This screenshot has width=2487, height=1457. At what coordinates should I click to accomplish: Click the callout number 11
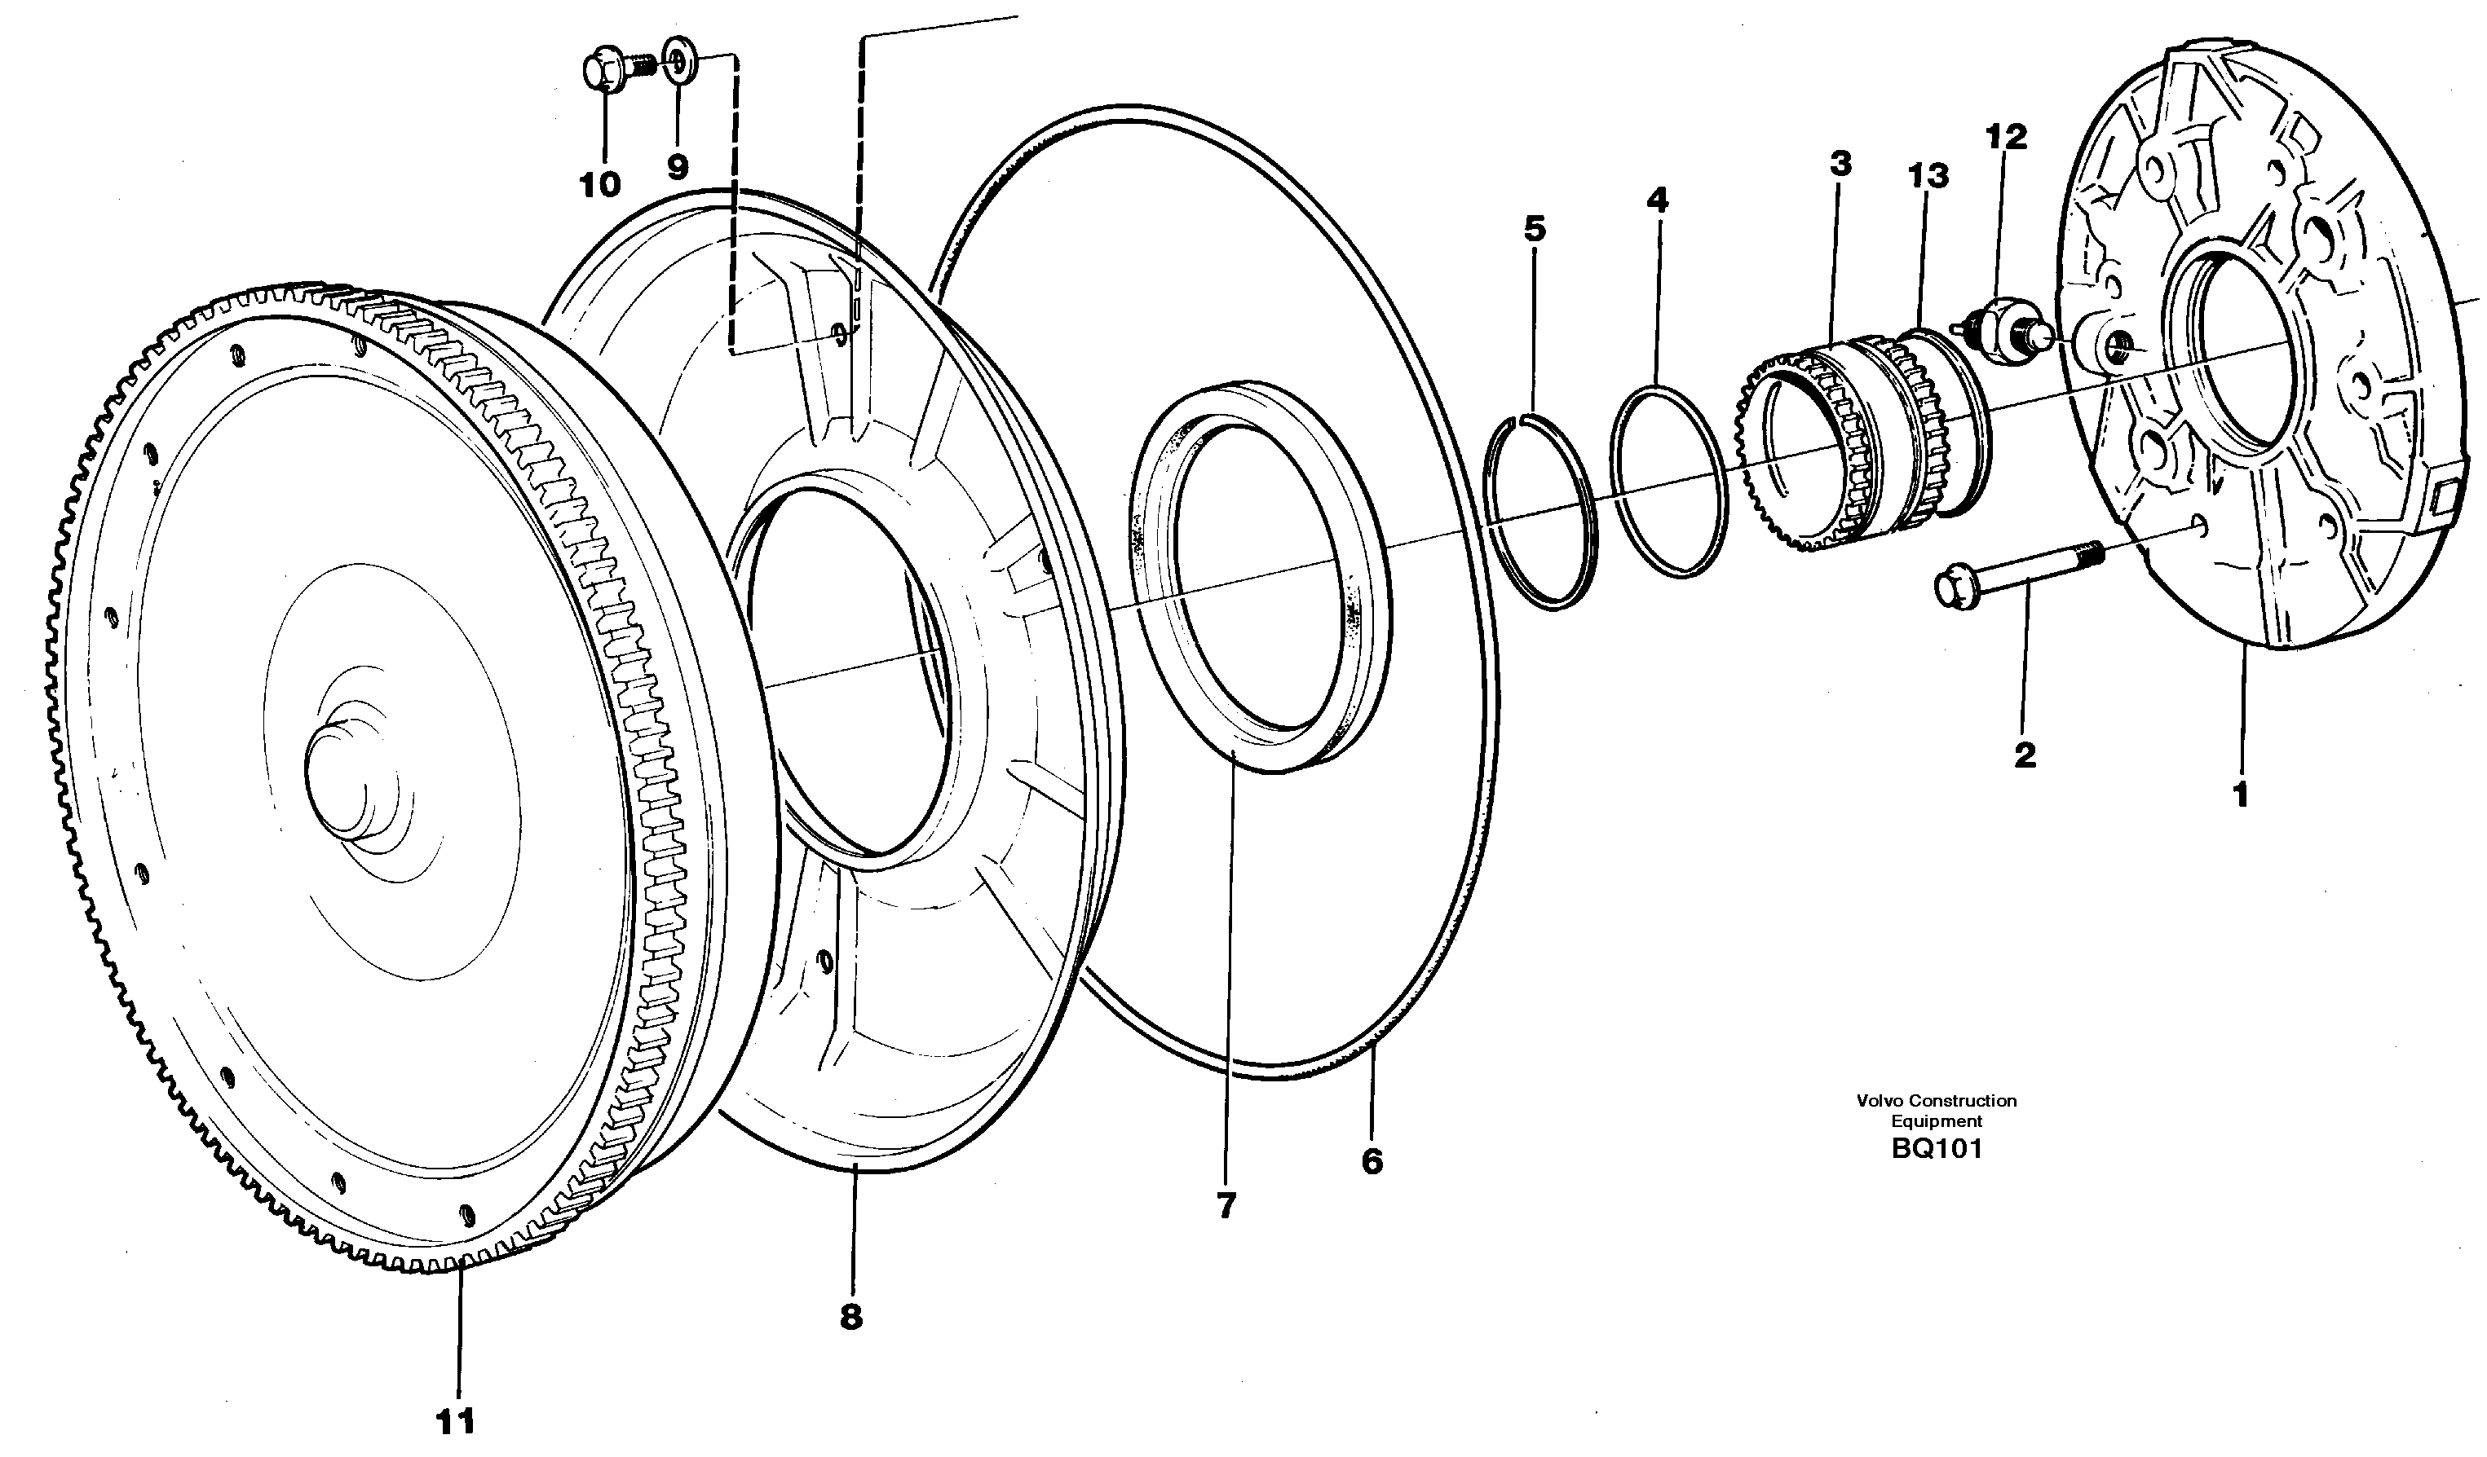tap(455, 1420)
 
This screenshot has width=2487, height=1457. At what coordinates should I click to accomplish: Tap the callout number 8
tap(850, 1316)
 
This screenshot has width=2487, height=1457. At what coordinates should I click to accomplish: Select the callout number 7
tap(1226, 1204)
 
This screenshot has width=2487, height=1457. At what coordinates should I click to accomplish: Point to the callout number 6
tap(1372, 1161)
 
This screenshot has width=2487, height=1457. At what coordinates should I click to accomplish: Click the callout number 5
tap(1534, 229)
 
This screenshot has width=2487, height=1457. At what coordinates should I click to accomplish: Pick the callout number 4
tap(1657, 200)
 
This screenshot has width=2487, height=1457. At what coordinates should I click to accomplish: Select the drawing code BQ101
tap(1937, 1148)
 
